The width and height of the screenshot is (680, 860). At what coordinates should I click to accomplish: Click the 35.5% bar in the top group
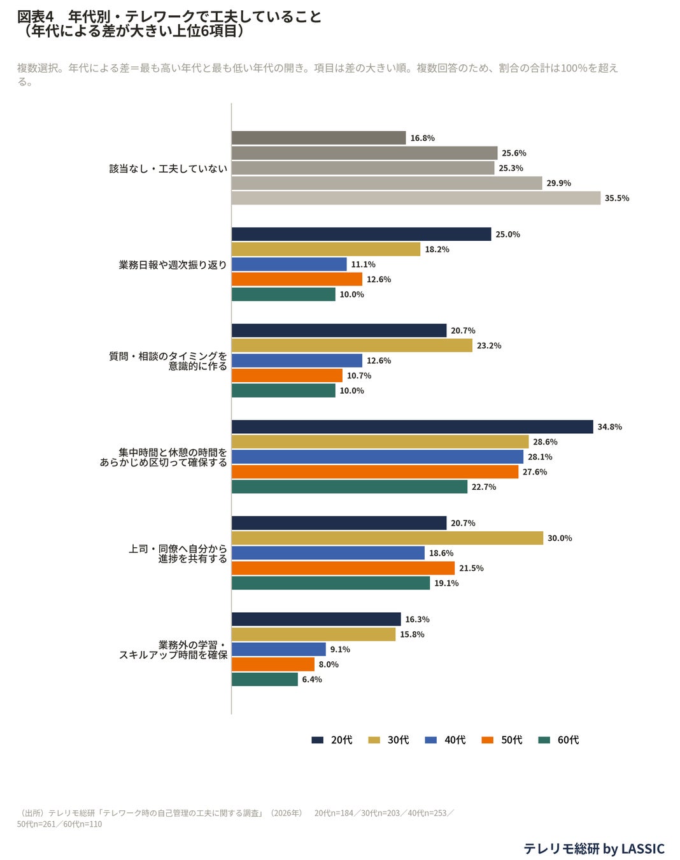click(x=416, y=198)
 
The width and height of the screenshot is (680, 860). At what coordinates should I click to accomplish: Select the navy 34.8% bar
click(x=412, y=426)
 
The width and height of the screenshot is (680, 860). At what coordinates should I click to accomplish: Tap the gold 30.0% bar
click(x=387, y=538)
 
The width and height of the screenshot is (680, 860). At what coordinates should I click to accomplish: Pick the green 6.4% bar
click(x=264, y=679)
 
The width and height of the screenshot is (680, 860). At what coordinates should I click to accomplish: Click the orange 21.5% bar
click(x=343, y=568)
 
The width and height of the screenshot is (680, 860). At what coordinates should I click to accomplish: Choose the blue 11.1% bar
click(x=289, y=264)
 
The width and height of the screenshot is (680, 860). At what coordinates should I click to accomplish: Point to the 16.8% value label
click(x=422, y=138)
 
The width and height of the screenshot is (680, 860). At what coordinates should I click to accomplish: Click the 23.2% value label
click(x=488, y=345)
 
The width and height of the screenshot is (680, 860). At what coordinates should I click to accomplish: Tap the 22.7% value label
click(x=483, y=487)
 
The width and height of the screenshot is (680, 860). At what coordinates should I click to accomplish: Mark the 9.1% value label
click(x=339, y=649)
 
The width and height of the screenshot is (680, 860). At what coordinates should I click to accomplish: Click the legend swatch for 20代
click(x=317, y=740)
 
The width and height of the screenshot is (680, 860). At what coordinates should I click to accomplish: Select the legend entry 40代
click(x=446, y=740)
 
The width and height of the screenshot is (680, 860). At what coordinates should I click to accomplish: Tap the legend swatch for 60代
click(x=544, y=740)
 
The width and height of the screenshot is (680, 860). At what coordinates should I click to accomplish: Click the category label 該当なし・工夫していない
click(x=168, y=168)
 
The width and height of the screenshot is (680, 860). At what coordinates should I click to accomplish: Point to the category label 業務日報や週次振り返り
click(x=173, y=264)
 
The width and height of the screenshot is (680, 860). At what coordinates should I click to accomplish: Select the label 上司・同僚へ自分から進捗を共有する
click(x=178, y=553)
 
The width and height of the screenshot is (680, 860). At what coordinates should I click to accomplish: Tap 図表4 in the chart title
click(x=35, y=17)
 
